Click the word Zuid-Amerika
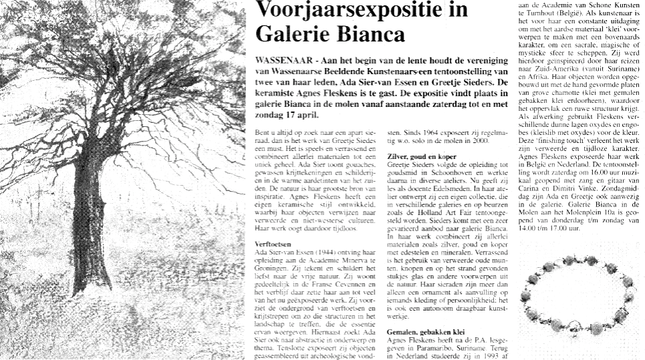point(549,87)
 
